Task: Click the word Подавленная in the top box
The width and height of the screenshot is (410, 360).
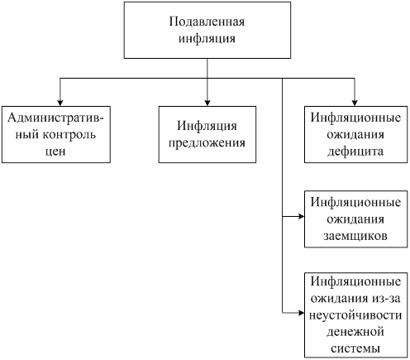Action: click(207, 22)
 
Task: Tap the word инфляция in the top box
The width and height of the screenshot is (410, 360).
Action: click(207, 38)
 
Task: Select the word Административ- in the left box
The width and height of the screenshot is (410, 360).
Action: click(56, 118)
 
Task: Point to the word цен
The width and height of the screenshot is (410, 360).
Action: click(55, 151)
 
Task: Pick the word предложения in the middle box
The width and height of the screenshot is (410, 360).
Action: click(207, 143)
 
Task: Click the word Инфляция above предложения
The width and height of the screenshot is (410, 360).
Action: click(207, 126)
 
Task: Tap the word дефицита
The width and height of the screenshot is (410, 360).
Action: click(355, 151)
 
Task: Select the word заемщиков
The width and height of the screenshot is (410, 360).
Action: click(355, 236)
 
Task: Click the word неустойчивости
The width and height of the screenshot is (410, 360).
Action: click(355, 315)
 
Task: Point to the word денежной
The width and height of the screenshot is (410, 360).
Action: click(355, 332)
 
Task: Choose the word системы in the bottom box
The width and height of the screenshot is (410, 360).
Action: click(355, 348)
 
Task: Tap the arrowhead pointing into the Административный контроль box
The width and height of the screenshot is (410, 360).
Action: click(60, 103)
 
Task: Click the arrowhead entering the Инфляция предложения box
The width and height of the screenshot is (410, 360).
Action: click(207, 103)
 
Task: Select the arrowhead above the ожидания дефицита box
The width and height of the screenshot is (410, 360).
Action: click(355, 103)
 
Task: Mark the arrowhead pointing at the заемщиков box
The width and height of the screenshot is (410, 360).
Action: click(301, 217)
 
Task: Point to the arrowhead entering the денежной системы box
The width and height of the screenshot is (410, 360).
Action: click(301, 313)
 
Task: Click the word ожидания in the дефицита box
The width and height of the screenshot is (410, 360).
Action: click(355, 135)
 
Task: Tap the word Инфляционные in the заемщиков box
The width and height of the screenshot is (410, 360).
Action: click(355, 202)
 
